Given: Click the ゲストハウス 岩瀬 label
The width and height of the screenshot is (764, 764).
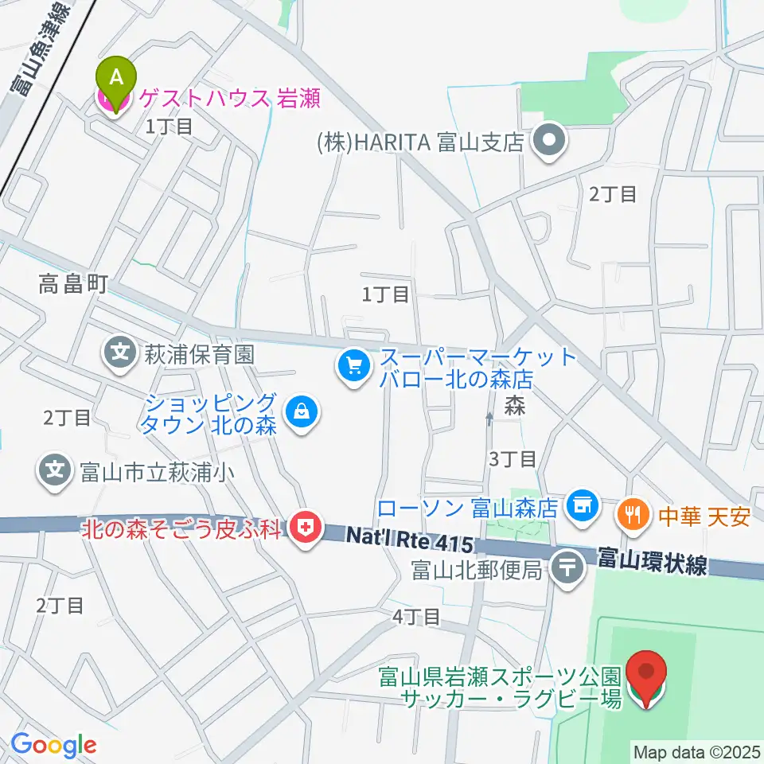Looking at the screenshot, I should click(x=230, y=99).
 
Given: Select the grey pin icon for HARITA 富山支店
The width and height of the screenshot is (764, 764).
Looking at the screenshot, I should click(x=549, y=142).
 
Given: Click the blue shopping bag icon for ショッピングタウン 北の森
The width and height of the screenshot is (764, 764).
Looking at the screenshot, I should click(x=302, y=412).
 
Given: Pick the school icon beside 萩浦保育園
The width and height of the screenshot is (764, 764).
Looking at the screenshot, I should click(x=120, y=353).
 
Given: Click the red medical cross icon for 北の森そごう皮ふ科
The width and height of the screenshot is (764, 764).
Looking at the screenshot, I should click(x=302, y=526).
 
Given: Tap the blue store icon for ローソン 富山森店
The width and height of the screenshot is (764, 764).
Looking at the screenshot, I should click(x=583, y=505).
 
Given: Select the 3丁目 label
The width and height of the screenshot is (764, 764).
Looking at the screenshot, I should click(x=513, y=458).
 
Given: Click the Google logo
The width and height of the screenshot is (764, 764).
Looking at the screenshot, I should click(x=53, y=744).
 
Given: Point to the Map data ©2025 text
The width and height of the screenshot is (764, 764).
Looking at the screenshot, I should click(x=696, y=750).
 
